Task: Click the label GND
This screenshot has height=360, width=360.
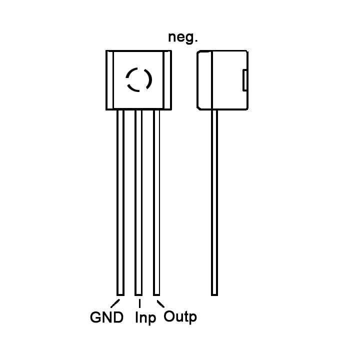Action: click(106, 317)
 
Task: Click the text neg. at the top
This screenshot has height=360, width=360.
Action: click(183, 38)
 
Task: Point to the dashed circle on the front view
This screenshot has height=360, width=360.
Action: click(138, 79)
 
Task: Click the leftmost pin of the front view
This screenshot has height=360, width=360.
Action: click(120, 200)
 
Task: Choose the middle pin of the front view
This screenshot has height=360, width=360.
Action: click(138, 200)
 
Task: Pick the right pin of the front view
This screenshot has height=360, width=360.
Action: click(156, 200)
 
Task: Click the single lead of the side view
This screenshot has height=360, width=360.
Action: click(214, 200)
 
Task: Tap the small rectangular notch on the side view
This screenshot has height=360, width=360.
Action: click(245, 81)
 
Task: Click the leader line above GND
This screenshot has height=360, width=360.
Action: click(116, 302)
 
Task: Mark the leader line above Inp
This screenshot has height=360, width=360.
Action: click(139, 302)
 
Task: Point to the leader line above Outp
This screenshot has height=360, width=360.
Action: click(160, 303)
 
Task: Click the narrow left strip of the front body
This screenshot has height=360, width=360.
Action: click(109, 79)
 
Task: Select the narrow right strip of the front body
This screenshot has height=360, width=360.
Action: click(168, 79)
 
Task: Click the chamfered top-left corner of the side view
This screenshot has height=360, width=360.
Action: click(200, 52)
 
